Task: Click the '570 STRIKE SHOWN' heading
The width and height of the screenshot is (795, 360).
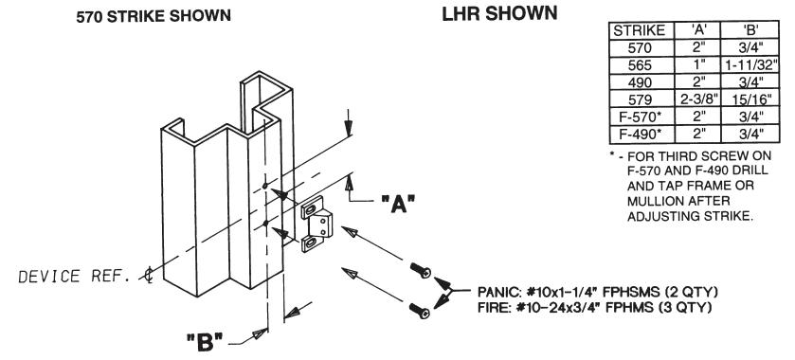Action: point(154,16)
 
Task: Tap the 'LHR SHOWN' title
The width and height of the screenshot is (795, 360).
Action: point(499,13)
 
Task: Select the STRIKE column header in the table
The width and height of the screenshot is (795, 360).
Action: point(640,30)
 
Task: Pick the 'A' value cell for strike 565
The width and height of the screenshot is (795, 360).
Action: point(698,65)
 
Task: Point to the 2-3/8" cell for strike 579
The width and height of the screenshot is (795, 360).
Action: point(698,99)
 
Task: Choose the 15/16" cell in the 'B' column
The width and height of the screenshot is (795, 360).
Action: point(750,99)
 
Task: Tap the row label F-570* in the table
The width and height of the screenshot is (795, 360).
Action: point(641,117)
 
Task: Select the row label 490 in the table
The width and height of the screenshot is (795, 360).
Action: point(640,82)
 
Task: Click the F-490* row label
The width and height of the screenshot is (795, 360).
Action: point(641,134)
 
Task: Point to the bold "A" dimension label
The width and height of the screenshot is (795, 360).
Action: point(398,204)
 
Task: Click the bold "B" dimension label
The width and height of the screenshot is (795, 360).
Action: point(205,342)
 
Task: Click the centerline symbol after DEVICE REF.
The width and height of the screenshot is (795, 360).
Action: point(148,276)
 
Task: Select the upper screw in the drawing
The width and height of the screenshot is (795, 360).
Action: point(421,270)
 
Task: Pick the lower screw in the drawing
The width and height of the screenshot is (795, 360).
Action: point(420,310)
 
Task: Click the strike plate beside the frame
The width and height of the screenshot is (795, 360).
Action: point(316,225)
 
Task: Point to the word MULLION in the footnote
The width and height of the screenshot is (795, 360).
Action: point(654,201)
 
